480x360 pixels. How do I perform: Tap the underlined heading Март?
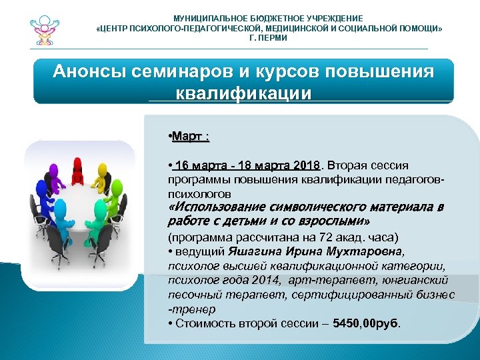click(x=189, y=137)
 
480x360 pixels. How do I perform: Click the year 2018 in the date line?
click(x=307, y=165)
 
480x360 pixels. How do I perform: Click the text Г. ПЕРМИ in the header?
click(x=268, y=38)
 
